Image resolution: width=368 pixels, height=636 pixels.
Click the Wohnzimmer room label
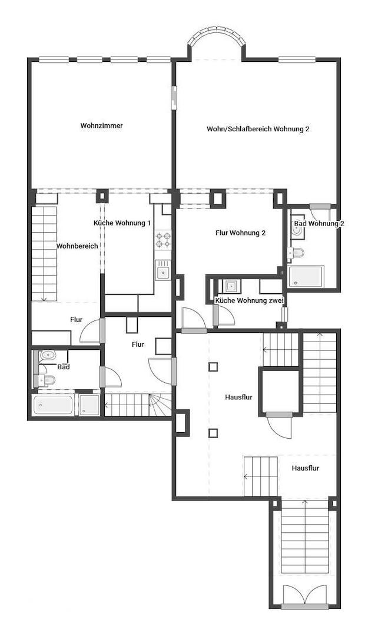pyautogui.click(x=101, y=125)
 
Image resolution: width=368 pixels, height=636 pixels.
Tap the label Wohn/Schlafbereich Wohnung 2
pyautogui.click(x=258, y=129)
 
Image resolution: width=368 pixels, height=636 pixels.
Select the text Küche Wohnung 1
pyautogui.click(x=122, y=223)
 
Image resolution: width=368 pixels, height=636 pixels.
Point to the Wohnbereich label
pyautogui.click(x=77, y=246)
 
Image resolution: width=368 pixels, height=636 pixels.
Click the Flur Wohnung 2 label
pyautogui.click(x=240, y=233)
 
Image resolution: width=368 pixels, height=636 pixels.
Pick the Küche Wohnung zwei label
pyautogui.click(x=250, y=301)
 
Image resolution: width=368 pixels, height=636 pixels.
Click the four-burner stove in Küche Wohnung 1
pyautogui.click(x=163, y=240)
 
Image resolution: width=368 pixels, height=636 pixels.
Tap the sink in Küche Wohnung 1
pyautogui.click(x=163, y=271)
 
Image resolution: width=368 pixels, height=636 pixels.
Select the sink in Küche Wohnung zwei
pyautogui.click(x=230, y=286)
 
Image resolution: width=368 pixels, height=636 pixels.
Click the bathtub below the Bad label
pyautogui.click(x=52, y=405)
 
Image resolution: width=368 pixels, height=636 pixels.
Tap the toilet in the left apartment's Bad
pyautogui.click(x=48, y=381)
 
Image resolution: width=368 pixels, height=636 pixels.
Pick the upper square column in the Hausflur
pyautogui.click(x=213, y=367)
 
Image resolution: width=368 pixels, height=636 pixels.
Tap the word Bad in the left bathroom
pyautogui.click(x=64, y=367)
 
